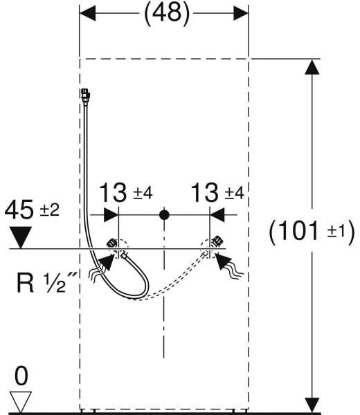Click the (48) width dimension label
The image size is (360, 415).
[167, 13]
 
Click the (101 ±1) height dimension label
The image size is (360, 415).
[312, 231]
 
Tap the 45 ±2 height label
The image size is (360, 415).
[32, 210]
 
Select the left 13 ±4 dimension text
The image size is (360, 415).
[126, 193]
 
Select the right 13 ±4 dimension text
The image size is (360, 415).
[217, 193]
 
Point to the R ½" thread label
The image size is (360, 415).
[46, 282]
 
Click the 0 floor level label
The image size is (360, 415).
[21, 376]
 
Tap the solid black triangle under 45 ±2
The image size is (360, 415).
[20, 237]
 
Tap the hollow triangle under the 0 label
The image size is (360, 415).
[21, 402]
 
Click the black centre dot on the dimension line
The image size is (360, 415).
[164, 215]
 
